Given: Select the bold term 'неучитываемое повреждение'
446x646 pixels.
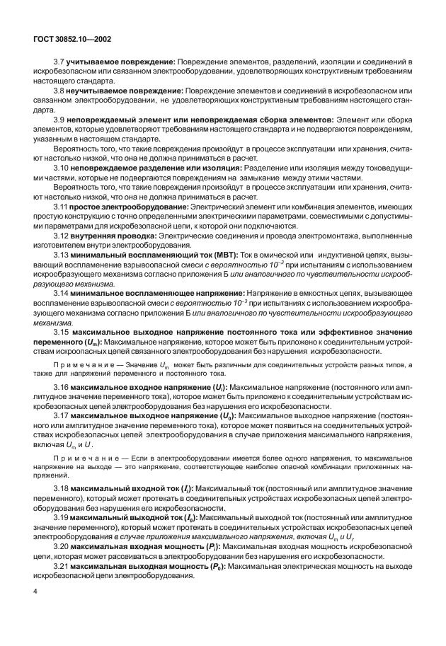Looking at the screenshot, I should pos(125,91).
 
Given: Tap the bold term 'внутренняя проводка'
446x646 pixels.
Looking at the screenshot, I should pos(113,233).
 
